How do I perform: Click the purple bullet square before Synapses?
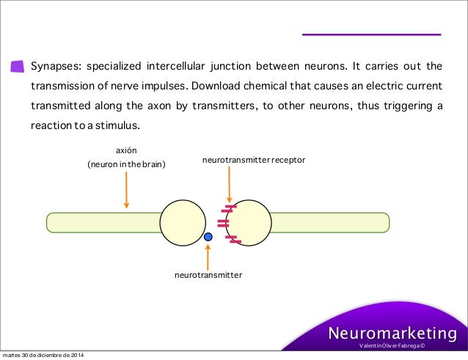pyautogui.click(x=17, y=66)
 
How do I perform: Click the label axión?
pyautogui.click(x=127, y=151)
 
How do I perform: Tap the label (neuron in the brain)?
pyautogui.click(x=127, y=165)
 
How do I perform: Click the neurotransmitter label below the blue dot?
pyautogui.click(x=208, y=276)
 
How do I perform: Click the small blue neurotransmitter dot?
pyautogui.click(x=208, y=237)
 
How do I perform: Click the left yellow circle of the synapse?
pyautogui.click(x=182, y=221)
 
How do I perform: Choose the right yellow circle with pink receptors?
pyautogui.click(x=253, y=221)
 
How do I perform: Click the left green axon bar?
pyautogui.click(x=103, y=221)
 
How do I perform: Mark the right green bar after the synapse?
pyautogui.click(x=330, y=221)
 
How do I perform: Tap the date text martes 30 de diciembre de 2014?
pyautogui.click(x=42, y=356)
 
